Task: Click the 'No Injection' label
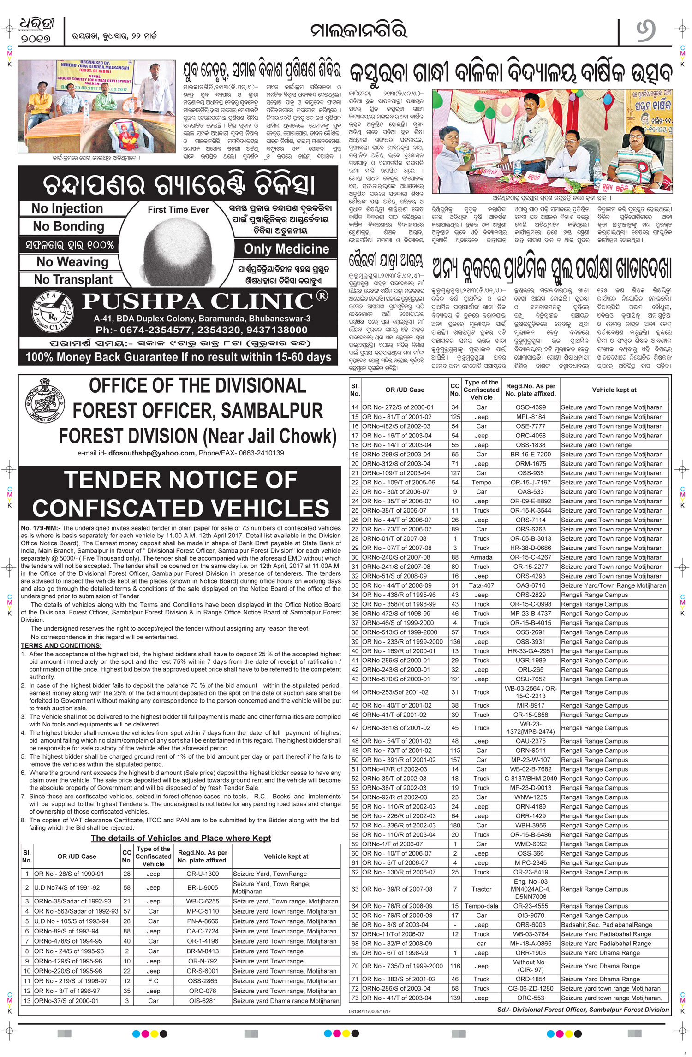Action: [x=67, y=209]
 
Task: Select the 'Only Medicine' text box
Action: [x=286, y=249]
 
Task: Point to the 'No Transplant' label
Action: [x=73, y=280]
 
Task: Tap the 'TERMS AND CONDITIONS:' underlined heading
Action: [x=61, y=646]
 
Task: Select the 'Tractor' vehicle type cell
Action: [x=481, y=889]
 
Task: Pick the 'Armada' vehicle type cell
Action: [x=481, y=557]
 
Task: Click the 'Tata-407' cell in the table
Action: [x=481, y=585]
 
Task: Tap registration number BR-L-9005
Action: [x=203, y=887]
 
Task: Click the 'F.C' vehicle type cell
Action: [x=153, y=981]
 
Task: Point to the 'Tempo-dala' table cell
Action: [x=481, y=906]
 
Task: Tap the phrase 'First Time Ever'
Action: [x=178, y=210]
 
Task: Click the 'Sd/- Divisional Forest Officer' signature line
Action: [x=583, y=1010]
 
